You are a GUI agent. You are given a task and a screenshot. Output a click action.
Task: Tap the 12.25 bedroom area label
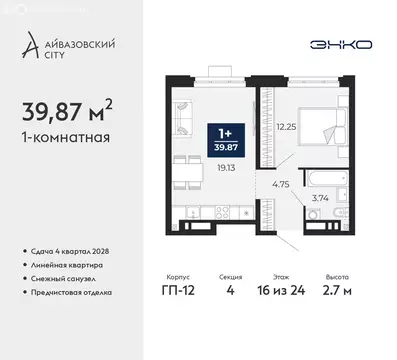coord(289,127)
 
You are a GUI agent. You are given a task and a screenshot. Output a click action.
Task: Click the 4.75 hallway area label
coord(282,184)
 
